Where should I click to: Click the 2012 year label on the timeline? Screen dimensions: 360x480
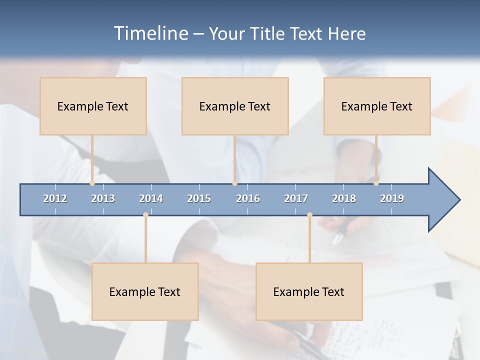pyautogui.click(x=55, y=198)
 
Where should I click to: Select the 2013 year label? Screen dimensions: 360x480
pyautogui.click(x=103, y=198)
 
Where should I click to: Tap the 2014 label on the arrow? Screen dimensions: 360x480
pyautogui.click(x=151, y=198)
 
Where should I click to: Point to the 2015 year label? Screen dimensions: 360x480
pyautogui.click(x=199, y=198)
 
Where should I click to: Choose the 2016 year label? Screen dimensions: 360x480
pyautogui.click(x=248, y=198)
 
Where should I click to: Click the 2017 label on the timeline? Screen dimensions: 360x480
pyautogui.click(x=296, y=198)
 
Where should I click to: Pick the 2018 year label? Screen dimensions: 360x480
pyautogui.click(x=344, y=198)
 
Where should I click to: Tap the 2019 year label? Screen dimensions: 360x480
pyautogui.click(x=392, y=198)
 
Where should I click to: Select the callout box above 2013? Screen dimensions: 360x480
pyautogui.click(x=93, y=106)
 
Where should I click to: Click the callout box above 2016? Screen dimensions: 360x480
pyautogui.click(x=235, y=106)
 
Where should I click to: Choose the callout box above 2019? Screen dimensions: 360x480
pyautogui.click(x=377, y=106)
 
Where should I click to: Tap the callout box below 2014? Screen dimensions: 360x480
pyautogui.click(x=145, y=291)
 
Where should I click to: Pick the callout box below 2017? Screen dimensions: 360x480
pyautogui.click(x=309, y=291)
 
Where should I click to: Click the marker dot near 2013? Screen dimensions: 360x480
pyautogui.click(x=92, y=183)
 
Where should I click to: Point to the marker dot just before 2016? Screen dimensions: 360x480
pyautogui.click(x=234, y=183)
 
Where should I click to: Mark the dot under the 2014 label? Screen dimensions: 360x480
pyautogui.click(x=145, y=215)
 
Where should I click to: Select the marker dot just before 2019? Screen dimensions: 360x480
pyautogui.click(x=376, y=183)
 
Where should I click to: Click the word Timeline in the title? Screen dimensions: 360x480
pyautogui.click(x=150, y=33)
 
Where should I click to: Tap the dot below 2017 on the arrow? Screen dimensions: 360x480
pyautogui.click(x=309, y=215)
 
